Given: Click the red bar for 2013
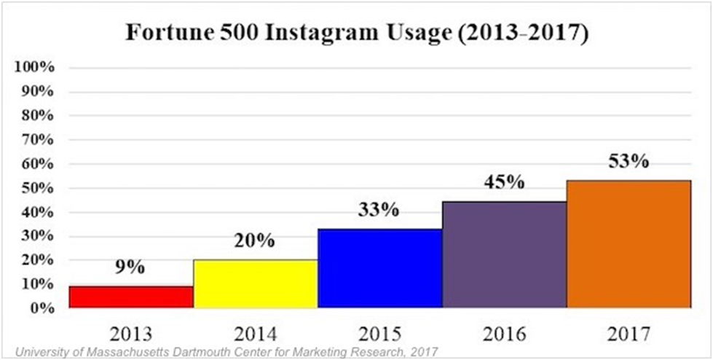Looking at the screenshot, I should click(x=131, y=297).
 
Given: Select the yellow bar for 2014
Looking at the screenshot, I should click(x=256, y=283).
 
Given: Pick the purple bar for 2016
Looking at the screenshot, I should click(x=505, y=254).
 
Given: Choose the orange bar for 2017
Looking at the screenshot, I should click(x=629, y=244).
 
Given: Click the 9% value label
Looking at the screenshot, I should click(x=131, y=267).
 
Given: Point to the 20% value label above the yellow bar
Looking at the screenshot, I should click(x=254, y=241).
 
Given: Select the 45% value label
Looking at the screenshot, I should click(x=504, y=181).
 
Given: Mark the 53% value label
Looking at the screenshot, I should click(x=627, y=161).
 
